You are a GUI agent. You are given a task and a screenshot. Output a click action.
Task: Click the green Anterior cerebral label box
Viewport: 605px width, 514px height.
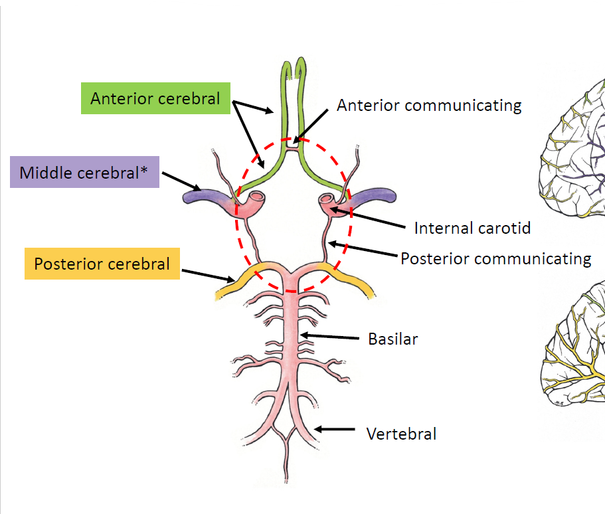click(155, 98)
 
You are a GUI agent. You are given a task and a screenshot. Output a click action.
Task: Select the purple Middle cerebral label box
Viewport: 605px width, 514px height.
click(85, 173)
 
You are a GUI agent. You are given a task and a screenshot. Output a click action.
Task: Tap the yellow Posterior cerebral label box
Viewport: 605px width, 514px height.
click(102, 264)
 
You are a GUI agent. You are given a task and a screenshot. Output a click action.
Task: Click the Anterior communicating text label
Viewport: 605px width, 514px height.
click(429, 105)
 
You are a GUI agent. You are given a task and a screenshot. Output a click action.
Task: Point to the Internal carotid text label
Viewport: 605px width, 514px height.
click(472, 228)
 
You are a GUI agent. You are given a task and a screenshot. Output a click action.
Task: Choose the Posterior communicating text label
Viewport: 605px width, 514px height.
click(495, 258)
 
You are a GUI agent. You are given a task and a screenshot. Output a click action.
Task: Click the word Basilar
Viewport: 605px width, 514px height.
click(393, 339)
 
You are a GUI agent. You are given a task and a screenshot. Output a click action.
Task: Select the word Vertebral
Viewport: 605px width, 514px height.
click(402, 434)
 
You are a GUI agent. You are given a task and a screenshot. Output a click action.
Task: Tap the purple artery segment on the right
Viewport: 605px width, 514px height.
click(375, 197)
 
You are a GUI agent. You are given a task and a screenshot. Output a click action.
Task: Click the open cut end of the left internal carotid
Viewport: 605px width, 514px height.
click(256, 197)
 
